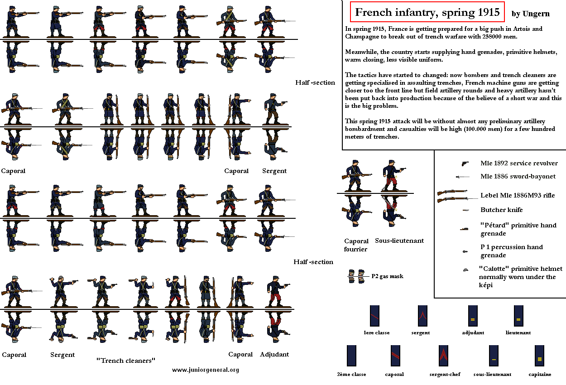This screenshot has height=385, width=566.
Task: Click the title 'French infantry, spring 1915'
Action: pos(427,12)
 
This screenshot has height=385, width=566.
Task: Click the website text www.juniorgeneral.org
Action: pos(206,370)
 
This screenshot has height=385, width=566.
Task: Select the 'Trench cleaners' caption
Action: pos(126,361)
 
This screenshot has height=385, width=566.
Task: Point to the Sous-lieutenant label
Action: pos(399,241)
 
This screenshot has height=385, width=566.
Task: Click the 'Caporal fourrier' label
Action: pos(356,245)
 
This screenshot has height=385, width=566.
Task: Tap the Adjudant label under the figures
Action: pos(274,354)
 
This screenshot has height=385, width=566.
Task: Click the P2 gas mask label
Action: pos(387,276)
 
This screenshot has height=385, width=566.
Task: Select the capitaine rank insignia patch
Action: pos(539,355)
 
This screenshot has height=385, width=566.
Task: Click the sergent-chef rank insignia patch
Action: pos(443,355)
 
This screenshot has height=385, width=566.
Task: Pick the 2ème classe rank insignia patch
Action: pos(352,355)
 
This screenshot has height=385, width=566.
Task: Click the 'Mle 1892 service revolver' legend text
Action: pos(519,163)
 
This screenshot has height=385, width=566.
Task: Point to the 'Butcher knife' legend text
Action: pos(501,210)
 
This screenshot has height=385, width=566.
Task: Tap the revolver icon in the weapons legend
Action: pos(465,164)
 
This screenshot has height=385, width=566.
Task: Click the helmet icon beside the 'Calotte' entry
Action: pos(465,270)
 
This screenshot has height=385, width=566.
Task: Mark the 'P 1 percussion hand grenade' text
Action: pos(512,251)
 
